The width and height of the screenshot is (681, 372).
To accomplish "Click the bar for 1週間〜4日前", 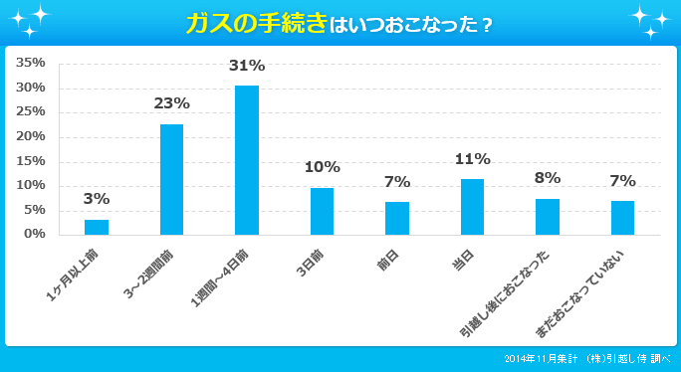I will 247,160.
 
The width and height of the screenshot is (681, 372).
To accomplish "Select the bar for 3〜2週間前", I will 171,179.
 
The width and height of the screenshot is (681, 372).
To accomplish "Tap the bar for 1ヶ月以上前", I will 97,227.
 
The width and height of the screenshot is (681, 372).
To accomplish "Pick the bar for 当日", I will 472,207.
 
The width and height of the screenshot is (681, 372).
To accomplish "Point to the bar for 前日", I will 397,218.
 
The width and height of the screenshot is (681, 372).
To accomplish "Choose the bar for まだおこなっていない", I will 622,218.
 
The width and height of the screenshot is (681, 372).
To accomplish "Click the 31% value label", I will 247,66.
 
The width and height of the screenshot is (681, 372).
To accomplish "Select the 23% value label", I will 171,102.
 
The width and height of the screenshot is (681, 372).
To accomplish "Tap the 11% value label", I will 472,159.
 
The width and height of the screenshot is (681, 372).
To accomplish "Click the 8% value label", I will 548,178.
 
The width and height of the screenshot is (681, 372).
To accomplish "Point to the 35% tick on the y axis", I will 31,63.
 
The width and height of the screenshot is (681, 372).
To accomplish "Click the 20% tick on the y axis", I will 31,136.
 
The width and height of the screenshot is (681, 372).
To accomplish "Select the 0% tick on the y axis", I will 35,234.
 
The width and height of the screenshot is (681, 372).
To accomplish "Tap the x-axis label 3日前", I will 314,261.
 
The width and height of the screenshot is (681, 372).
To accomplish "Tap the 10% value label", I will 323,167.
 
